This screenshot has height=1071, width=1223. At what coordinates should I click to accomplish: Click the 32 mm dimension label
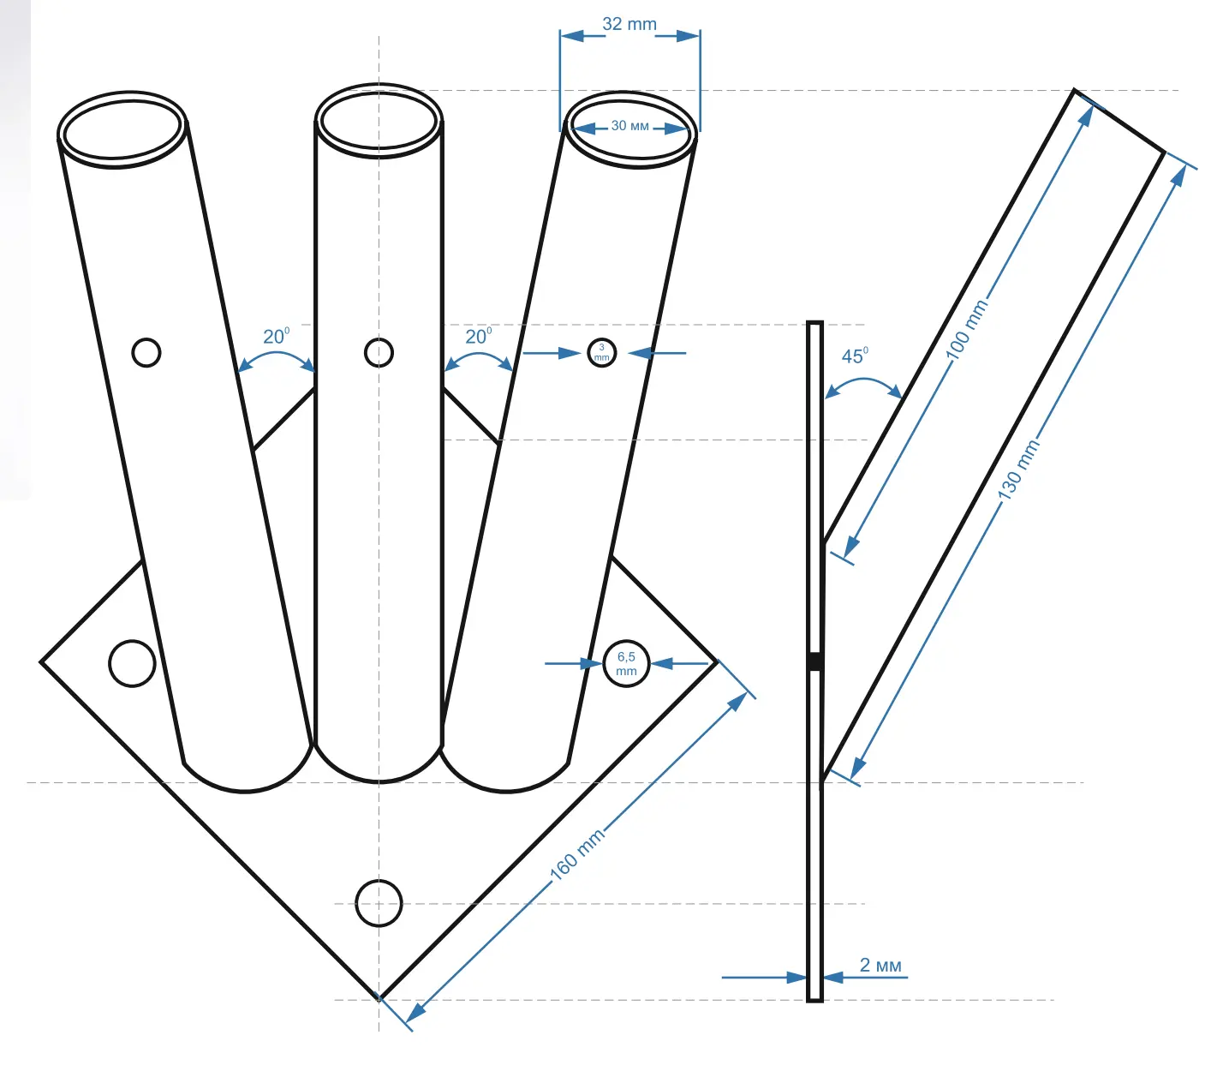[629, 24]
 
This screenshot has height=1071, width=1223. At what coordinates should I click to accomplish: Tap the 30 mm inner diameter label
[629, 126]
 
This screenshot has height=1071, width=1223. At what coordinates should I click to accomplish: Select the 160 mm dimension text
[577, 854]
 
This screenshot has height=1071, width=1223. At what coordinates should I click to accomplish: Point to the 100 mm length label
[967, 330]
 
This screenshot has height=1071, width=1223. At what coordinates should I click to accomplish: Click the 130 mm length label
[1018, 470]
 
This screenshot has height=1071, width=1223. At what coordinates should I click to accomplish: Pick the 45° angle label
[855, 356]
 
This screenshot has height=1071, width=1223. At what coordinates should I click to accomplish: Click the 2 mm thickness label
[880, 966]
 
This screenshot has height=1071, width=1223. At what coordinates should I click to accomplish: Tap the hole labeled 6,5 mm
[626, 663]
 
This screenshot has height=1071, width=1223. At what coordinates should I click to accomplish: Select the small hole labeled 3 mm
[602, 352]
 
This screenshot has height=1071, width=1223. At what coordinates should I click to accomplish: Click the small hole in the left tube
[146, 352]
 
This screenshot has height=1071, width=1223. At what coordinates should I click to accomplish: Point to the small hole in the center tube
[379, 352]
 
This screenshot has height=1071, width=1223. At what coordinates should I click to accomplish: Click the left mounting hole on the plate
[133, 663]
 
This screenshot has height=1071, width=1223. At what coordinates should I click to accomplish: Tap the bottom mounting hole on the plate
[379, 903]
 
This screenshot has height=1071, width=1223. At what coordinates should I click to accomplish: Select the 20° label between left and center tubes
[276, 336]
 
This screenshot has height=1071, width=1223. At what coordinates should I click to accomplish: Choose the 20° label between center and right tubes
[478, 336]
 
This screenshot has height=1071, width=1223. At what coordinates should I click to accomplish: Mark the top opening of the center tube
[379, 121]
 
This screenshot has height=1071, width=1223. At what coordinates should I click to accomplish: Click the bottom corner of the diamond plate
[379, 998]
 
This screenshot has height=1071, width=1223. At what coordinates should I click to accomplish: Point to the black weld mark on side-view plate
[815, 661]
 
